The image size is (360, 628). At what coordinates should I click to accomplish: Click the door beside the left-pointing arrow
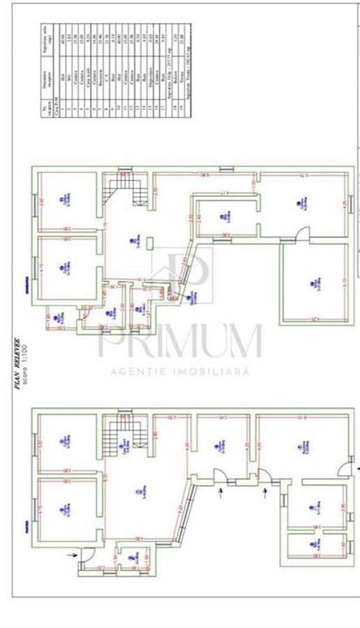coord(345,469)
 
